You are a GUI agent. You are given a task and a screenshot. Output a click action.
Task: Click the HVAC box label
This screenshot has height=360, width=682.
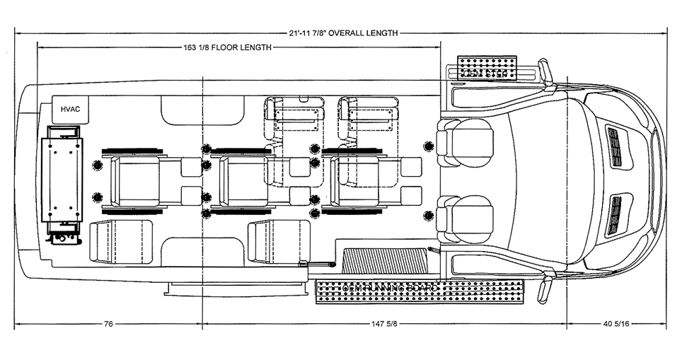pos(71,109)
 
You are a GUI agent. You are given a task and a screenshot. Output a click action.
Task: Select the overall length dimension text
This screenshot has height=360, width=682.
pos(343,33)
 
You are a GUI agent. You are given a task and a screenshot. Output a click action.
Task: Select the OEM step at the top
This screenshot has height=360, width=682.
pos(487,68)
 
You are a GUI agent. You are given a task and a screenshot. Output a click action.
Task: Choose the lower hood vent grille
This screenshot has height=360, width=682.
pos(615,214)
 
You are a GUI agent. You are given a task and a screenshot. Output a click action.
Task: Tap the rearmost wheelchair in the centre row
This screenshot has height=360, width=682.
pos(136,181)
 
